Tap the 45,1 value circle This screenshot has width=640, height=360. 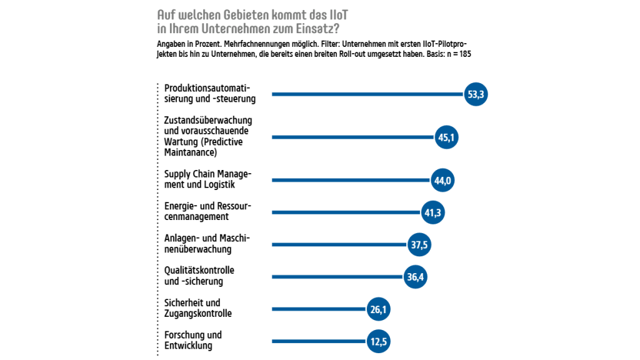click(446, 137)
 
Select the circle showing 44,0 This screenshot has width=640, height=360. click(442, 181)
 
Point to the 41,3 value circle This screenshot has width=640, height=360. click(433, 213)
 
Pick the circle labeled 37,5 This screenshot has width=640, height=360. click(419, 245)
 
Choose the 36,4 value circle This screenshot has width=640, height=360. click(415, 277)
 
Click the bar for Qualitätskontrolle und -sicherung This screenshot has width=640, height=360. click(337, 277)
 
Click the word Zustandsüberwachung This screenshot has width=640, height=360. click(207, 120)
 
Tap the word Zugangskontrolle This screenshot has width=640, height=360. click(198, 314)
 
